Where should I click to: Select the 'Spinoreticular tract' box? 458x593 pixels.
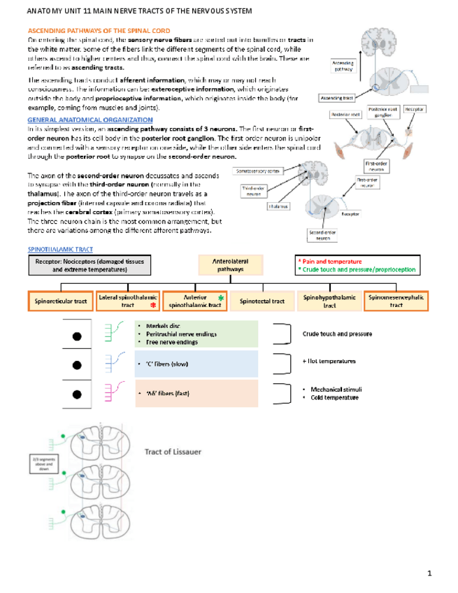tap(60, 301)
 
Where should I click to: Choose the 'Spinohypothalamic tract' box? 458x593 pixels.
tap(329, 301)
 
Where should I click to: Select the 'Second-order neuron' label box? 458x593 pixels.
tap(322, 235)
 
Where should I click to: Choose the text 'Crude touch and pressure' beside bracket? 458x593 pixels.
tap(337, 334)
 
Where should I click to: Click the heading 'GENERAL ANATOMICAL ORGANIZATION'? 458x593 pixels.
tap(76, 120)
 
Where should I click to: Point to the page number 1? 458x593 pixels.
tap(431, 574)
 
